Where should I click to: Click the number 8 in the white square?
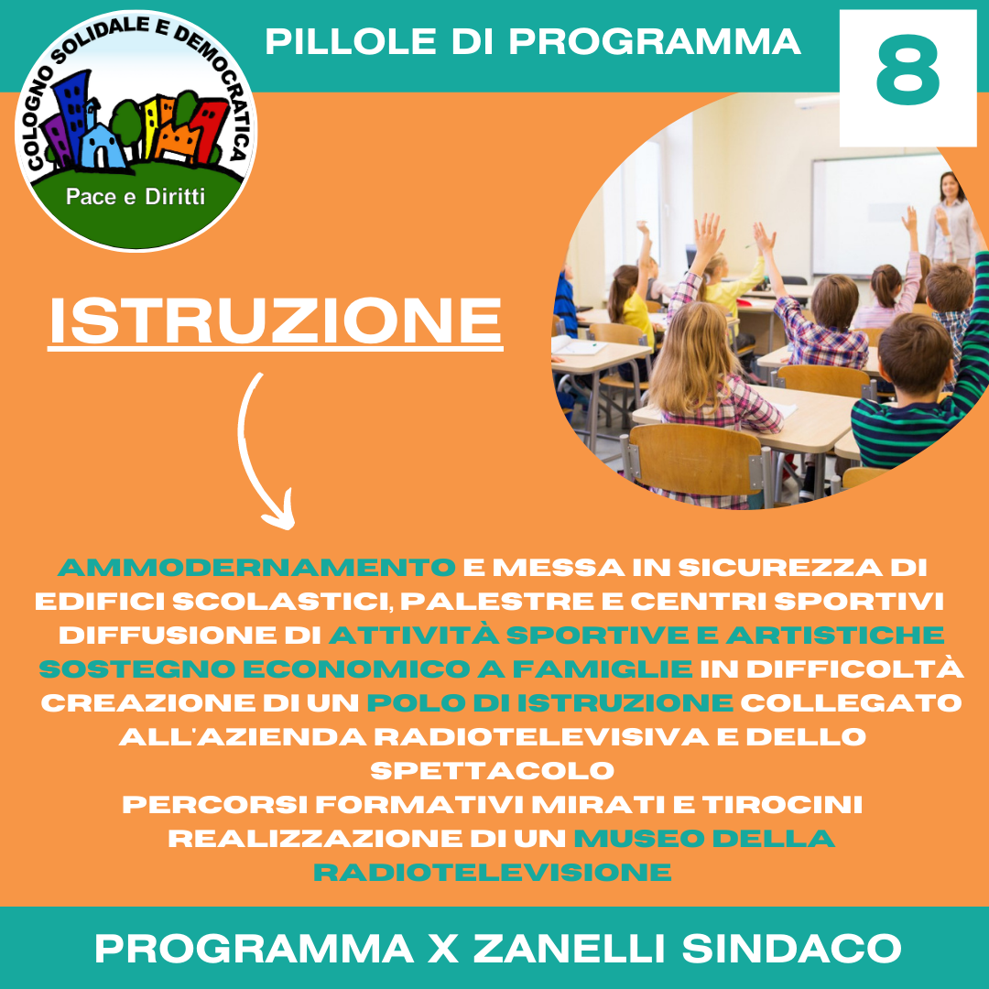[x=907, y=70]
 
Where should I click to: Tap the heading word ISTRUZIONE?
[x=276, y=321]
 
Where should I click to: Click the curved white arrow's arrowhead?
[x=281, y=512]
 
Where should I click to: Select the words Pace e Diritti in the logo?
[x=136, y=197]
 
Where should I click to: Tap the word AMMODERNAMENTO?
[x=256, y=568]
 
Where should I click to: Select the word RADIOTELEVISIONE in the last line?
[x=493, y=873]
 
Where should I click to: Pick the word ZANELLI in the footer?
[x=569, y=949]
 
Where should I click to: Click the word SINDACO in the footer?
[x=791, y=949]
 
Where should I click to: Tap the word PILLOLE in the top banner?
[x=351, y=42]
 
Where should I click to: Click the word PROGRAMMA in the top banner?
[x=655, y=42]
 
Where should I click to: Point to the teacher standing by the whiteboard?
[x=951, y=218]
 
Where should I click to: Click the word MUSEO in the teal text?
[x=639, y=838]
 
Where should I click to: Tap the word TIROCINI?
[x=782, y=805]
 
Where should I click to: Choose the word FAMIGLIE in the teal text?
[x=603, y=669]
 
